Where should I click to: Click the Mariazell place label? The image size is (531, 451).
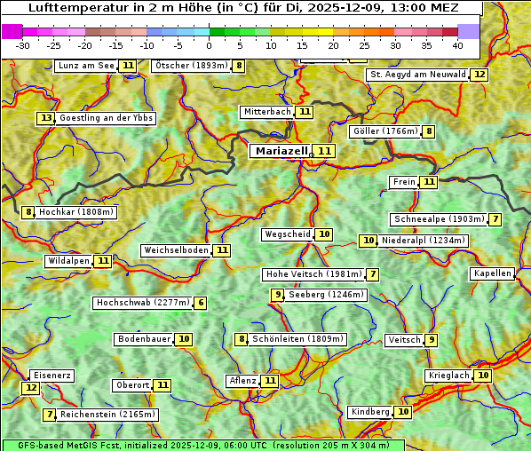tap(281, 151)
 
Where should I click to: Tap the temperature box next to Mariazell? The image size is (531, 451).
tap(324, 151)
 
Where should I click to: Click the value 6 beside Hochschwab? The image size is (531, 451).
tap(201, 303)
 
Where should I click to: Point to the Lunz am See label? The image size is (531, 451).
tap(86, 66)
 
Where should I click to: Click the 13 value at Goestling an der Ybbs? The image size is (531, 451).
tap(46, 118)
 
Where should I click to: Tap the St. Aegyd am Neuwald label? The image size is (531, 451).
tap(417, 75)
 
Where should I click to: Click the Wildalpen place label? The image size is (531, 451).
tap(69, 261)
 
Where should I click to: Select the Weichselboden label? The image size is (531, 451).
tap(176, 250)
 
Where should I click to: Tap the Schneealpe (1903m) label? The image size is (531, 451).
tap(439, 219)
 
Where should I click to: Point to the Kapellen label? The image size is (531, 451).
tap(492, 273)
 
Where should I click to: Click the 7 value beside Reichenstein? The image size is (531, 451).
tap(51, 415)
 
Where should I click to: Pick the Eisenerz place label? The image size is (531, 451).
tap(51, 376)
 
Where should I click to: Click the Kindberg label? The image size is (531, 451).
tap(369, 412)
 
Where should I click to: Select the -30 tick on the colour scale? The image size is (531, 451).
tap(23, 44)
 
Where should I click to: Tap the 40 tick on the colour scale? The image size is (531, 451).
tap(457, 44)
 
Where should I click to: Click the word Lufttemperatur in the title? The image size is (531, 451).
tap(69, 9)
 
